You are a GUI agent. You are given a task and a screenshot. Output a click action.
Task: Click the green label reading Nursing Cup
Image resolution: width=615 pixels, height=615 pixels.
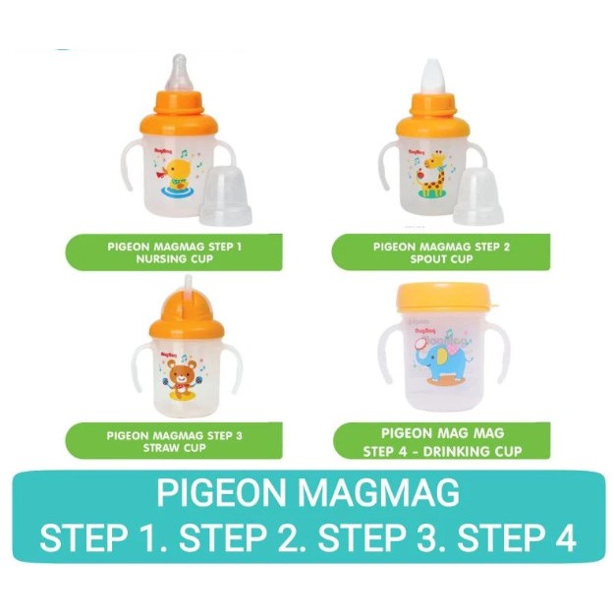pyautogui.click(x=176, y=252)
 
